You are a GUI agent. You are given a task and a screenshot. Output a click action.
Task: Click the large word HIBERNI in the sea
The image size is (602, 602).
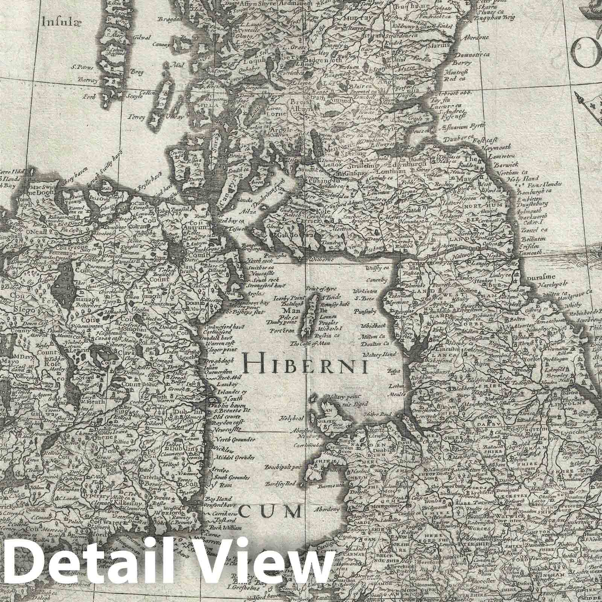(x=305, y=364)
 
